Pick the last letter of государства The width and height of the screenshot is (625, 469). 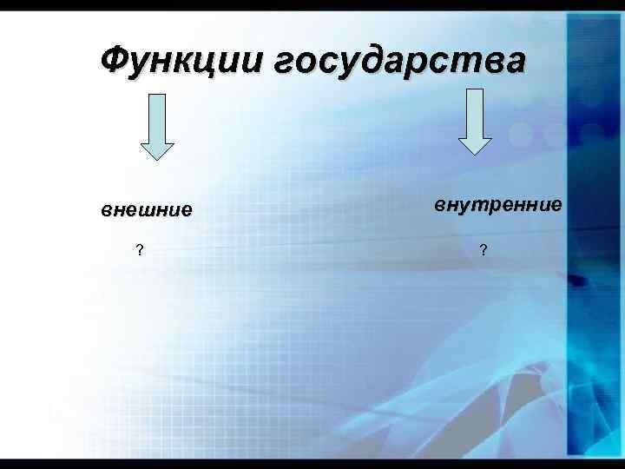pyautogui.click(x=512, y=62)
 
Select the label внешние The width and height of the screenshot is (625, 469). pyautogui.click(x=147, y=210)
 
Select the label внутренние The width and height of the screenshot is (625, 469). pyautogui.click(x=498, y=206)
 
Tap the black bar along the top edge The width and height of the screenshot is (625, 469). pyautogui.click(x=312, y=4)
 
